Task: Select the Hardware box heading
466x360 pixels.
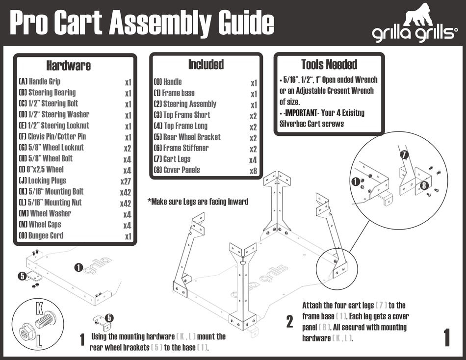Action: coord(68,65)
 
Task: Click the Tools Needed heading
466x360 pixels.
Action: coord(329,64)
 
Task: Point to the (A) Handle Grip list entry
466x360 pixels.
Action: coord(40,81)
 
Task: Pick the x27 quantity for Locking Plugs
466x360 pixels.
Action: coord(126,180)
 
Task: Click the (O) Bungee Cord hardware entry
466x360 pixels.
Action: coord(41,235)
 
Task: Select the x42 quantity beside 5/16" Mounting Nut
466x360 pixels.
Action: coord(126,203)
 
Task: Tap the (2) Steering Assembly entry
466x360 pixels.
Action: coord(185,104)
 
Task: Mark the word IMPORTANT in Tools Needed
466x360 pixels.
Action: coord(300,113)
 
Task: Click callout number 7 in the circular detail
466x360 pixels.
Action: coord(404,155)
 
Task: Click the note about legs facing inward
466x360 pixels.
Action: coord(198,202)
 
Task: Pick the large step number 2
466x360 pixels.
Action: coord(290,322)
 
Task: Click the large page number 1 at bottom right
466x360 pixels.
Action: coord(446,338)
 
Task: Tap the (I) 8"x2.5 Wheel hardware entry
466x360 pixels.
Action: coord(41,170)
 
